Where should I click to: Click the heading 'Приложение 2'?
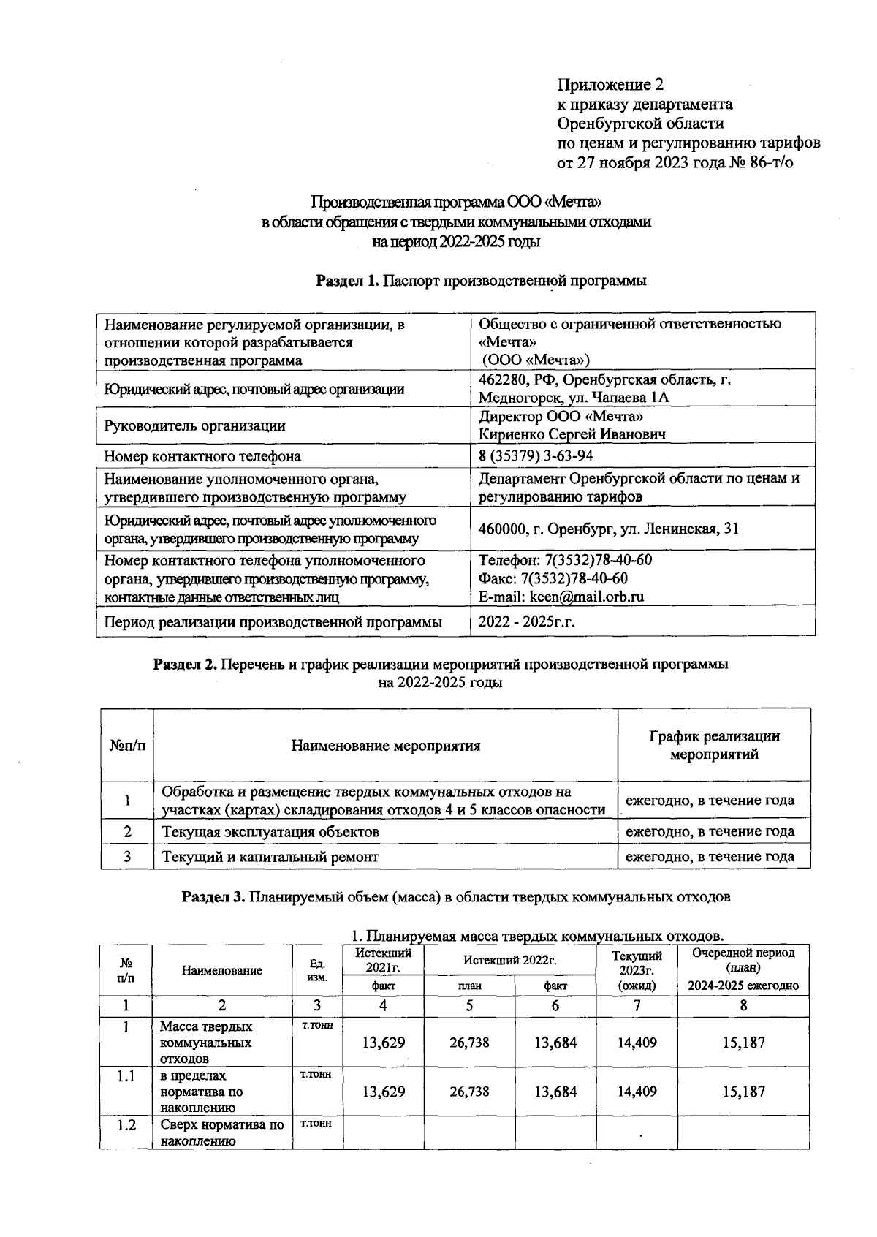coord(610,84)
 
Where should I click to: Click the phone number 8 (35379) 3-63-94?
coord(535,456)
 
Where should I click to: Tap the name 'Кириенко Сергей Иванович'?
coord(572,434)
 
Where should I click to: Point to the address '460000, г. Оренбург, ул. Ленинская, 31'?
coord(608,529)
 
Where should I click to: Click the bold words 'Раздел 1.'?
coord(348,281)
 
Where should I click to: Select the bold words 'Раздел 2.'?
coord(184,665)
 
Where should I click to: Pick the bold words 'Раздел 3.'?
coord(213,897)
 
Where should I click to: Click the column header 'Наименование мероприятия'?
coord(385,746)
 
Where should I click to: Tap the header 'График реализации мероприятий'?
coord(714,745)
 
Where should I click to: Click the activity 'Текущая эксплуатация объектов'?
coord(270,832)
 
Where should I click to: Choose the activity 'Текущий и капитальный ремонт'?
coord(270,857)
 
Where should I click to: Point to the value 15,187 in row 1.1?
coord(743,1092)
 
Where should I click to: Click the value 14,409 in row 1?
coord(637,1043)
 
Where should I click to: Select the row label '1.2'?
coord(126,1125)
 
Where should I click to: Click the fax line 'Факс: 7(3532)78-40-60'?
coord(553,578)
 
